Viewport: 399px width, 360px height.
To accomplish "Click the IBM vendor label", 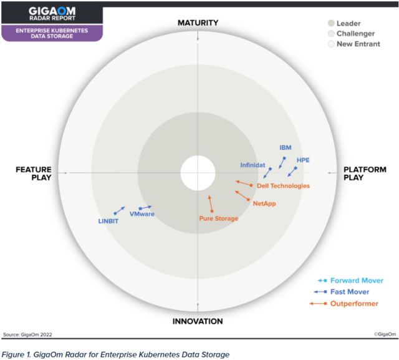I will (285, 148).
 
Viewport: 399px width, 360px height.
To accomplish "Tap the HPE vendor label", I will (303, 160).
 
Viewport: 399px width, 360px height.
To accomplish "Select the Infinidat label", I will (253, 165).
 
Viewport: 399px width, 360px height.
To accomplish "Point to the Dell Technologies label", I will (283, 186).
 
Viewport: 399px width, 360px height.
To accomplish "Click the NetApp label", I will (264, 203).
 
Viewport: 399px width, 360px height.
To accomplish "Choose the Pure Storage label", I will (218, 218).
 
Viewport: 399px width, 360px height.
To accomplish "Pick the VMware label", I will (142, 214).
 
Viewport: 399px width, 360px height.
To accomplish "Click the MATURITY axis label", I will (198, 23).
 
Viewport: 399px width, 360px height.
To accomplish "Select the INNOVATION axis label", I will (198, 321).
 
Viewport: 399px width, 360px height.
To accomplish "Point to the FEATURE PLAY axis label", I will (33, 173).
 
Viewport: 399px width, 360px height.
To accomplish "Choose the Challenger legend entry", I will (355, 34).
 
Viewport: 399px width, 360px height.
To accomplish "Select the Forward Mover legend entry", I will (357, 281).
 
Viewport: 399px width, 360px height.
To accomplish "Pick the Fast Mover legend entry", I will (349, 292).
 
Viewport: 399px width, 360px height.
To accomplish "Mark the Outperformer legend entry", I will (353, 303).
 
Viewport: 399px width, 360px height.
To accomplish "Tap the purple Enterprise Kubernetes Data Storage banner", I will (52, 33).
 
